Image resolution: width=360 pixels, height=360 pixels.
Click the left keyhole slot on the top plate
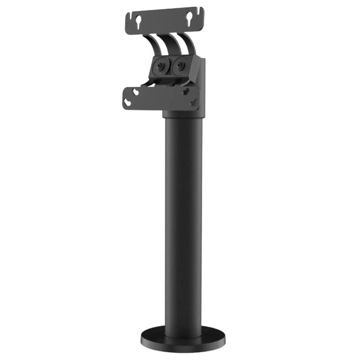(x=138, y=22)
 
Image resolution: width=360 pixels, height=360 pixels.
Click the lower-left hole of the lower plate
(x=129, y=103)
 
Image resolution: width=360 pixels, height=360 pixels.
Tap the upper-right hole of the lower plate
(x=186, y=90)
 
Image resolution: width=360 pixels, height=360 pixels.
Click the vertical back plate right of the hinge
(x=201, y=82)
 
